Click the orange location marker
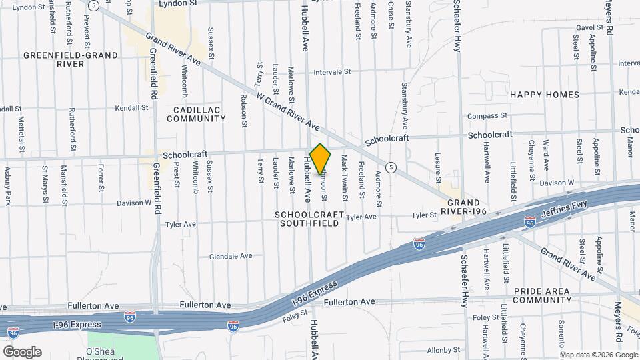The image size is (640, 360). (x=321, y=159)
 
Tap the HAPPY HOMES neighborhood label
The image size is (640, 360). (x=545, y=95)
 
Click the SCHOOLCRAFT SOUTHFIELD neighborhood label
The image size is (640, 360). (x=309, y=219)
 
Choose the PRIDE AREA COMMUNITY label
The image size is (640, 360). (x=542, y=295)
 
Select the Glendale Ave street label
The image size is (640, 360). (x=231, y=256)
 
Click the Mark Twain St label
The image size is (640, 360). (x=345, y=174)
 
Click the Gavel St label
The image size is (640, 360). (x=589, y=28)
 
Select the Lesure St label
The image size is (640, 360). (x=438, y=168)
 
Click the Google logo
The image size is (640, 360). (x=21, y=351)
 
